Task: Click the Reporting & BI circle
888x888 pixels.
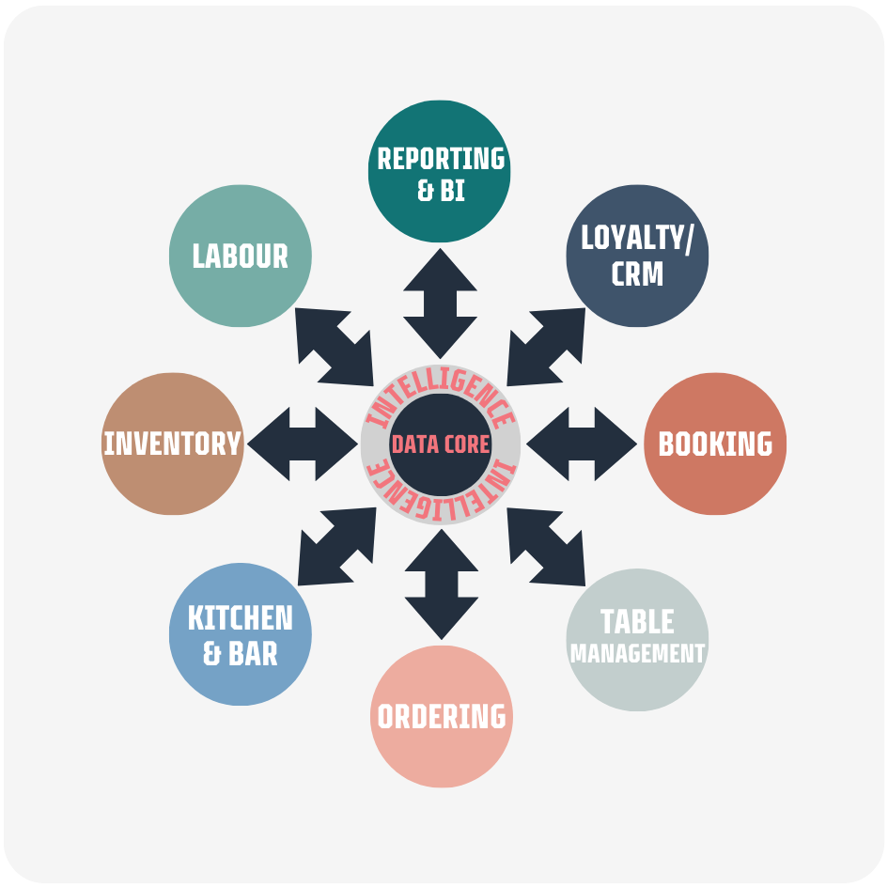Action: (440, 171)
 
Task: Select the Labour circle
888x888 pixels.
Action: (241, 256)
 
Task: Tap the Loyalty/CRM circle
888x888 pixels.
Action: (637, 256)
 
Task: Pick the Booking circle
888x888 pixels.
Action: (715, 444)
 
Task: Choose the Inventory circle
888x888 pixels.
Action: (173, 444)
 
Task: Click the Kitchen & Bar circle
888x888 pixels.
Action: (241, 634)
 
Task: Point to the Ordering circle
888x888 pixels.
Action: (442, 716)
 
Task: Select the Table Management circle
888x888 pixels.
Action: (637, 639)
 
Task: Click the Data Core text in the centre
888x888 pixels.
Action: (441, 444)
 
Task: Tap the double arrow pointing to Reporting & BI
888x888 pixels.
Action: (440, 304)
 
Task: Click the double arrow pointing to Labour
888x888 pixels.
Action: (335, 347)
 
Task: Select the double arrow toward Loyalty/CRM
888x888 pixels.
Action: (546, 347)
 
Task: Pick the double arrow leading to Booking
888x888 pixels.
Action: (582, 444)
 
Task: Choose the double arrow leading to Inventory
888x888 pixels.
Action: (303, 444)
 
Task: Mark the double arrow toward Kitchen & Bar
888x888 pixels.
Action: (337, 547)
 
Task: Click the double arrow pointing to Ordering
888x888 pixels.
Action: (442, 584)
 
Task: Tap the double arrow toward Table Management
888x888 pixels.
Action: (546, 547)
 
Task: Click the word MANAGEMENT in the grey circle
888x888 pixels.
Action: (637, 653)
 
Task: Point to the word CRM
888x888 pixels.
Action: (637, 274)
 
